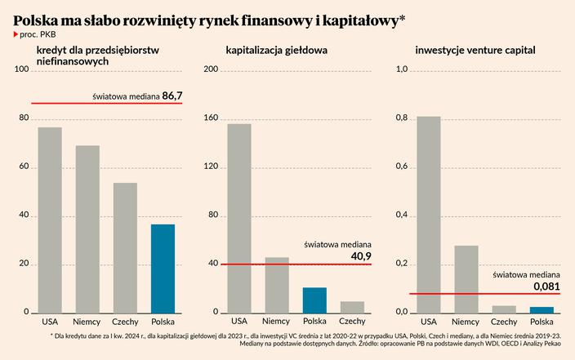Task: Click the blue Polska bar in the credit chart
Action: coord(163,268)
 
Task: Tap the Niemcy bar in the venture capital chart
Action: coord(466,278)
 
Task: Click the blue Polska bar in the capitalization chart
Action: coord(314,300)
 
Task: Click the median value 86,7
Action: coord(172,96)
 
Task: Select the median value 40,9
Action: coord(360,256)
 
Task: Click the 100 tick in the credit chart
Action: coord(22,70)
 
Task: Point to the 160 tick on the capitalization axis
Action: coord(211,118)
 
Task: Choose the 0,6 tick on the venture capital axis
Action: coord(401,167)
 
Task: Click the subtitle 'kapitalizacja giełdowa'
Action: coord(277,51)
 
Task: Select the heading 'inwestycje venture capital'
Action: coord(475,51)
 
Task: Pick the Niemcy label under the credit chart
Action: coord(87,321)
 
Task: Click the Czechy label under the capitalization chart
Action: coord(352,321)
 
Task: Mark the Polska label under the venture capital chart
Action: coord(541,321)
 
